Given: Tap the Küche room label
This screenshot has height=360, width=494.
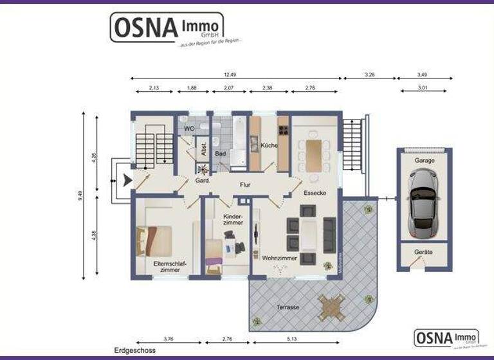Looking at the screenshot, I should tap(269, 145).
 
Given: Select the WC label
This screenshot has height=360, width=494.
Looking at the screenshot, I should tap(189, 129).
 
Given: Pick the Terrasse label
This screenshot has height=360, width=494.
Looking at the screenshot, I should tap(288, 307).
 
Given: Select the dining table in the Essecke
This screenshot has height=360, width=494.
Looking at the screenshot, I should tap(313, 155).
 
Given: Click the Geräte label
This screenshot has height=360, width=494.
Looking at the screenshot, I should tap(423, 253).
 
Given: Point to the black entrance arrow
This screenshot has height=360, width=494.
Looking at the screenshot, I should tap(127, 181).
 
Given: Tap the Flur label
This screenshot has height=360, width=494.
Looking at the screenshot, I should tap(245, 184).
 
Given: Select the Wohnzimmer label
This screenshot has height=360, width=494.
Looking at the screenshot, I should tap(279, 258).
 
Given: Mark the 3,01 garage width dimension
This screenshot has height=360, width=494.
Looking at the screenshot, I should tap(423, 88).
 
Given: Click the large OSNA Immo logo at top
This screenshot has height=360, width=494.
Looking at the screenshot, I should tap(167, 28).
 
